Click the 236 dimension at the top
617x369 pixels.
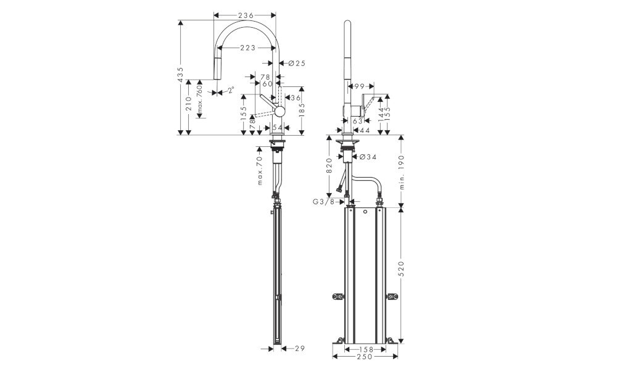(245, 15)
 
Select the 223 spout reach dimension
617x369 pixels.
(247, 48)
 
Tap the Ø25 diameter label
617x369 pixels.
(297, 63)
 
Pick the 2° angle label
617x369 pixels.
(230, 90)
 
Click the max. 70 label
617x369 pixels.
(260, 170)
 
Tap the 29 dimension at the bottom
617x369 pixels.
(299, 348)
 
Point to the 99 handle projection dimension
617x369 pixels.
(359, 86)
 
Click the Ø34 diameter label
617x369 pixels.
(368, 157)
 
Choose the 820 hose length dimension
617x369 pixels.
(329, 165)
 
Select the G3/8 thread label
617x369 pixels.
(323, 202)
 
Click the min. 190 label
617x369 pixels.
(402, 172)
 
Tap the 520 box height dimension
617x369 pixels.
(402, 268)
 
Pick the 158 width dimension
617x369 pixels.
(365, 349)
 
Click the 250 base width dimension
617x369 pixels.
(365, 357)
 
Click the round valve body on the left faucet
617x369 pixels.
(279, 111)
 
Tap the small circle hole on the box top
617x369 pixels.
(365, 212)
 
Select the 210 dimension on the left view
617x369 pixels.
(189, 104)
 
